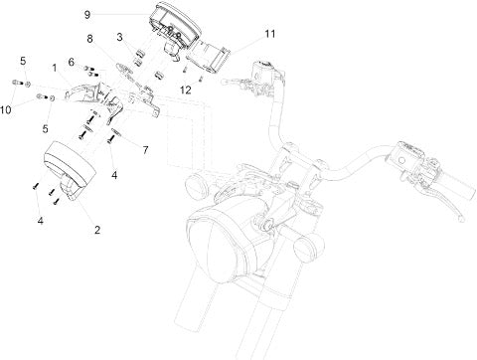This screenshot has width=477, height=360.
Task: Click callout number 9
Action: point(86,15)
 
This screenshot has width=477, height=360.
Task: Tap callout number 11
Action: point(270,34)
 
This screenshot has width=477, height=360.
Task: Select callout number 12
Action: point(186,90)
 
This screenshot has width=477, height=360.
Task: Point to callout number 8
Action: point(89,39)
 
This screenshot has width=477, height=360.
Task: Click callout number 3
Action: point(119,37)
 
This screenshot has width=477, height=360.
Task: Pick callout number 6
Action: point(72,62)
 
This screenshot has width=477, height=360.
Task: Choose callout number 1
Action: point(55,69)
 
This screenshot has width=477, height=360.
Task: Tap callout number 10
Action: point(6,109)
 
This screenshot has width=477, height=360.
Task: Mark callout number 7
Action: point(145,150)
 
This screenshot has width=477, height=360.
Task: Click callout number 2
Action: point(97,230)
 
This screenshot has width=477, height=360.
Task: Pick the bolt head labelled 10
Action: point(16,82)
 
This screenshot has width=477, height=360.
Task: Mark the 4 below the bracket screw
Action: point(114,175)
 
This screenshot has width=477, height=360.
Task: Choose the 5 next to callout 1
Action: point(23,61)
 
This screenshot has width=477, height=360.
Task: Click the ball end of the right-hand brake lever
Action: point(461,220)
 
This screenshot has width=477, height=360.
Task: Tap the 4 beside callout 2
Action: point(40,221)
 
